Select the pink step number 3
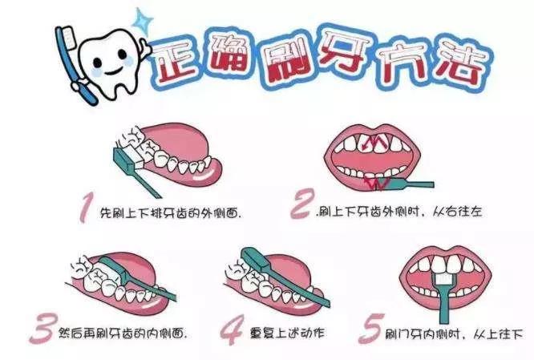coord(42,329)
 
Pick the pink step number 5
coord(371,329)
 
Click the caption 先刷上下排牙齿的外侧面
coord(170,214)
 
